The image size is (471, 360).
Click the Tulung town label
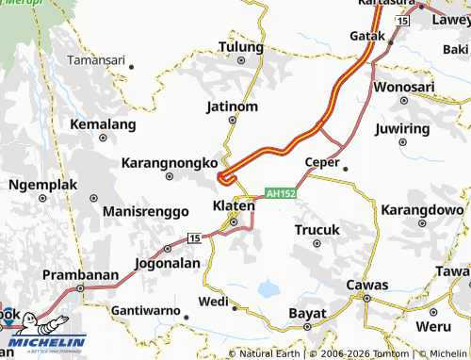[240, 46]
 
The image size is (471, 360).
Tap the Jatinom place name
[232, 106]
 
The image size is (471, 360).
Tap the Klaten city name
[230, 205]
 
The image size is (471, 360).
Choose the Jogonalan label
[169, 263]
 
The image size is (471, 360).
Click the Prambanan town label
[81, 275]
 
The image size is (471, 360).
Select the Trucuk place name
[317, 229]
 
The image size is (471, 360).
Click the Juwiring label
[406, 128]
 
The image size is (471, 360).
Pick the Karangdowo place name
[425, 209]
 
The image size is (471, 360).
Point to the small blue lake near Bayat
[270, 286]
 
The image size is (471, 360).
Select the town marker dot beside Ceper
[346, 169]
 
